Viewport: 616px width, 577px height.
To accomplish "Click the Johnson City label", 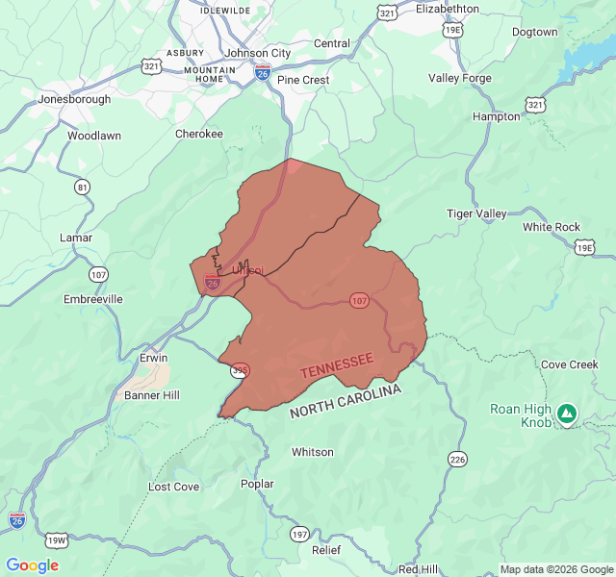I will coord(256,53).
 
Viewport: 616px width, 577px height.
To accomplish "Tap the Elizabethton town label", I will coord(447,9).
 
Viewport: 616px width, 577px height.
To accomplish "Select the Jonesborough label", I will coord(74,99).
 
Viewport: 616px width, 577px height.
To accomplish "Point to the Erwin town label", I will coord(153,358).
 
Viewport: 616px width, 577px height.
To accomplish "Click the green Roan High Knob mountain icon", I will coord(567,414).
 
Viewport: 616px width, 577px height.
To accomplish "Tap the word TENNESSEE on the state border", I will coord(336,365).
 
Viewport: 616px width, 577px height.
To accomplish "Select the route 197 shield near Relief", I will coord(299,533).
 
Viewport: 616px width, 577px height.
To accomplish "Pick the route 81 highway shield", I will coord(82,187).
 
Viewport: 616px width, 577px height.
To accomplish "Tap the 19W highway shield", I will coord(57,539).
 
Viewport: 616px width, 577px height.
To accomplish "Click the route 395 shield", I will coord(240,369).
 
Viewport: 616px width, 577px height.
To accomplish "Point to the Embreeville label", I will coord(93,299).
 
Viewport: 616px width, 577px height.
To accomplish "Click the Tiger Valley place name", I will coord(476,213).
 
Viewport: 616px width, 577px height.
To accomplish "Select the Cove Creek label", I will coord(569,365).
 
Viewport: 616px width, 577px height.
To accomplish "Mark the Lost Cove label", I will coord(174,487).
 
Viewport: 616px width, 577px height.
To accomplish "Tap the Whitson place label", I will coord(313,452).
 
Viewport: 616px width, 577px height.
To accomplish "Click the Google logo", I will coord(32,565).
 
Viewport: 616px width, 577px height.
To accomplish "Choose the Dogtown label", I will coord(534,32).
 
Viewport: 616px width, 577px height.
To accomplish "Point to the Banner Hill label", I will coord(152,395).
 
